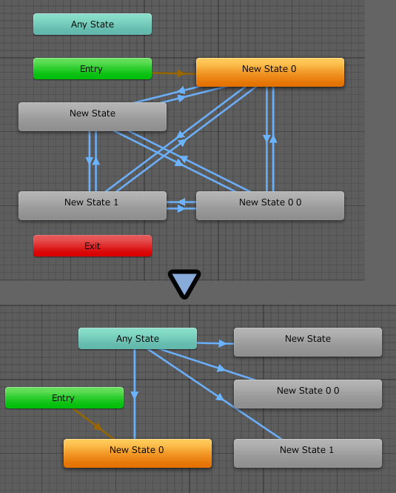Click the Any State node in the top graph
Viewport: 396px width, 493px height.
[93, 24]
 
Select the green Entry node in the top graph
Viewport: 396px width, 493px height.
[93, 68]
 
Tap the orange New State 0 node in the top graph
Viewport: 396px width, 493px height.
[270, 72]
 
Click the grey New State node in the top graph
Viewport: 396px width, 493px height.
[93, 116]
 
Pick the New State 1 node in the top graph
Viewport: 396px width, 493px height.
[93, 205]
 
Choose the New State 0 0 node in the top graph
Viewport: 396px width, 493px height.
[270, 205]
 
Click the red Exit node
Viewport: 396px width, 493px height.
[93, 246]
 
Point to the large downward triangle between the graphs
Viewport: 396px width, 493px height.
[184, 283]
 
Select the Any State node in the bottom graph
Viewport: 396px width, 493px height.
[138, 339]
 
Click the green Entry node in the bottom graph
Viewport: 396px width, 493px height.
[64, 397]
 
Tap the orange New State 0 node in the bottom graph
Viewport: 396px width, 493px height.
[138, 454]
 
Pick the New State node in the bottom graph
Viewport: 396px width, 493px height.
[308, 342]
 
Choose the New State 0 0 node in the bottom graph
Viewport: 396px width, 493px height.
[308, 394]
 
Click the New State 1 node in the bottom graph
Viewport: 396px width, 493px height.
[308, 454]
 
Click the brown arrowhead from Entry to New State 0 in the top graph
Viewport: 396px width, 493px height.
[181, 73]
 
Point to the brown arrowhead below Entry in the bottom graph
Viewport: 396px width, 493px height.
[98, 426]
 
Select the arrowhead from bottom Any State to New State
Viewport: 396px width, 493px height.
[222, 343]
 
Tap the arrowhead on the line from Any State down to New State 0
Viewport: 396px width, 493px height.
[135, 395]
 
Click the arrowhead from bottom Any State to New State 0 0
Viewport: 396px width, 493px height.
[221, 368]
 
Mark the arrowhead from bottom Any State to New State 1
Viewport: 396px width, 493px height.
[220, 397]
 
